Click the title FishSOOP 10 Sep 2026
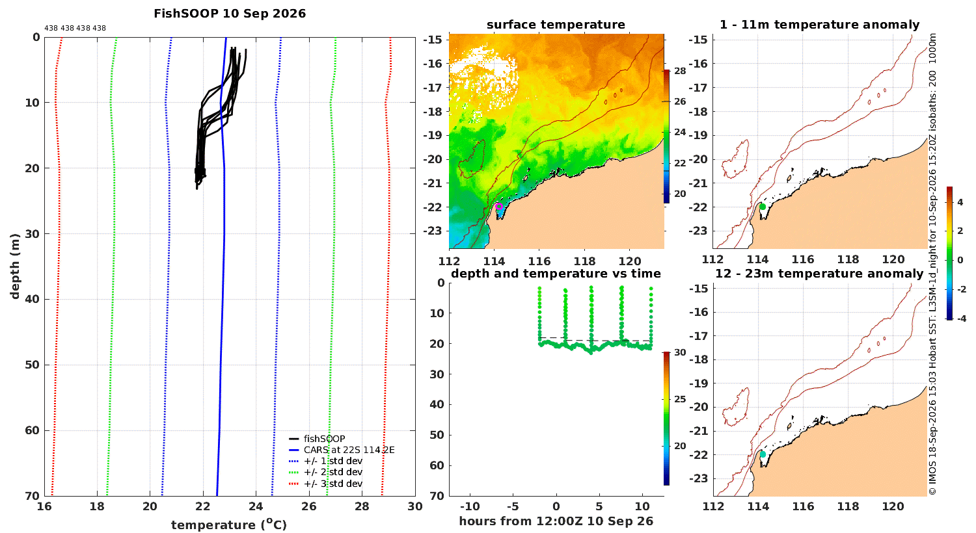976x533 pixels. (230, 14)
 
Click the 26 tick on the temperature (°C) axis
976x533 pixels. (309, 506)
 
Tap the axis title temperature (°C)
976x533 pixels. (229, 525)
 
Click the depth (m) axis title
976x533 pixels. (15, 266)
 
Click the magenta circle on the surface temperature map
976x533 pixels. (499, 206)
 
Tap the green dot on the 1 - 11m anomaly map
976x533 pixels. (763, 207)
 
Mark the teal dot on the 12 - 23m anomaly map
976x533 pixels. (763, 454)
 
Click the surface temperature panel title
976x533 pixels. (556, 25)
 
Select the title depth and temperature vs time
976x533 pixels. (556, 274)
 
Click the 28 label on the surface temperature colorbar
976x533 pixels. (680, 71)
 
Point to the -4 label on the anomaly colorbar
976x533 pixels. (961, 318)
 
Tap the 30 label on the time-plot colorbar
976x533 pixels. (680, 352)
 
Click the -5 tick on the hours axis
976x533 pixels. (513, 506)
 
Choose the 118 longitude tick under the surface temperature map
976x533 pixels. (584, 261)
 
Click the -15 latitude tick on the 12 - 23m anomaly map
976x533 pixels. (698, 288)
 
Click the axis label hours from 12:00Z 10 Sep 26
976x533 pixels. (556, 521)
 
